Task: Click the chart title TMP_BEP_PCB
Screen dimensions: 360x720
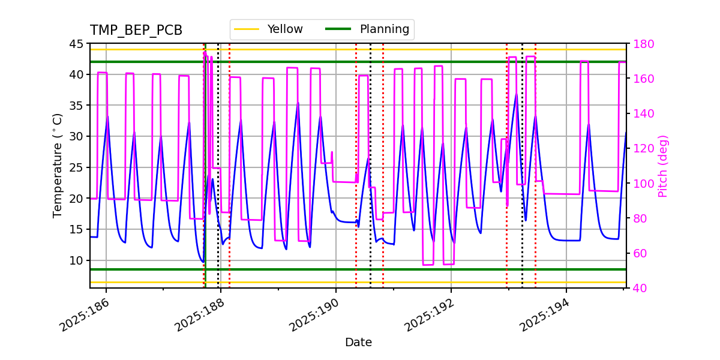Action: (136, 31)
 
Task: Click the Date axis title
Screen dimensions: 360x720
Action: (358, 343)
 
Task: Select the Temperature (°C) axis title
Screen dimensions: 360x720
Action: (58, 166)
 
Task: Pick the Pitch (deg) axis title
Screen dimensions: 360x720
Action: (663, 166)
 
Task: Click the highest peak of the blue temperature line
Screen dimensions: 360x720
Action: (516, 94)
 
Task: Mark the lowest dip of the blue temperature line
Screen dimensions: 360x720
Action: (203, 262)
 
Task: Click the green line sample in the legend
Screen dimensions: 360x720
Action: (337, 29)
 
